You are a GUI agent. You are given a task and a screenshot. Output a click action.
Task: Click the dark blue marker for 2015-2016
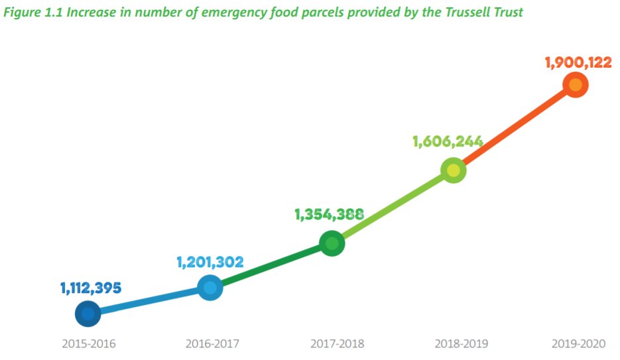click(x=88, y=314)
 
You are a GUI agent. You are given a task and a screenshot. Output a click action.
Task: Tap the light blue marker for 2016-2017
click(x=210, y=288)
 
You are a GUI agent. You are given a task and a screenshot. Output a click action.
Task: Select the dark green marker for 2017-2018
click(x=332, y=243)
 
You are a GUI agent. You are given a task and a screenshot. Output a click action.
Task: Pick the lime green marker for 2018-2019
click(x=453, y=170)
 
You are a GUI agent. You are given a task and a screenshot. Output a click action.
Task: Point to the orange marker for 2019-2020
click(x=575, y=85)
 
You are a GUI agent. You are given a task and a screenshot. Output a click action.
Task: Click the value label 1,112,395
click(x=91, y=288)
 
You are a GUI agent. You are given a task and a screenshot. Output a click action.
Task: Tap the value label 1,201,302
click(x=210, y=262)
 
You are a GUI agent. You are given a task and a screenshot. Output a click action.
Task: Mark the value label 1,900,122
click(x=578, y=62)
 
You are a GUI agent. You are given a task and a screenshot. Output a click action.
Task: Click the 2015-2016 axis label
click(x=89, y=344)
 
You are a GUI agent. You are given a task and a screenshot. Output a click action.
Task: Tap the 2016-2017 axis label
click(x=212, y=344)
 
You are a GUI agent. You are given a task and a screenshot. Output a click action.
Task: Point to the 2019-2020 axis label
click(x=579, y=344)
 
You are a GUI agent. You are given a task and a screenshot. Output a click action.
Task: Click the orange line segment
click(x=514, y=128)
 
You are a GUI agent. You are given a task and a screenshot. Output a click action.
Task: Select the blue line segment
click(x=149, y=301)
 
